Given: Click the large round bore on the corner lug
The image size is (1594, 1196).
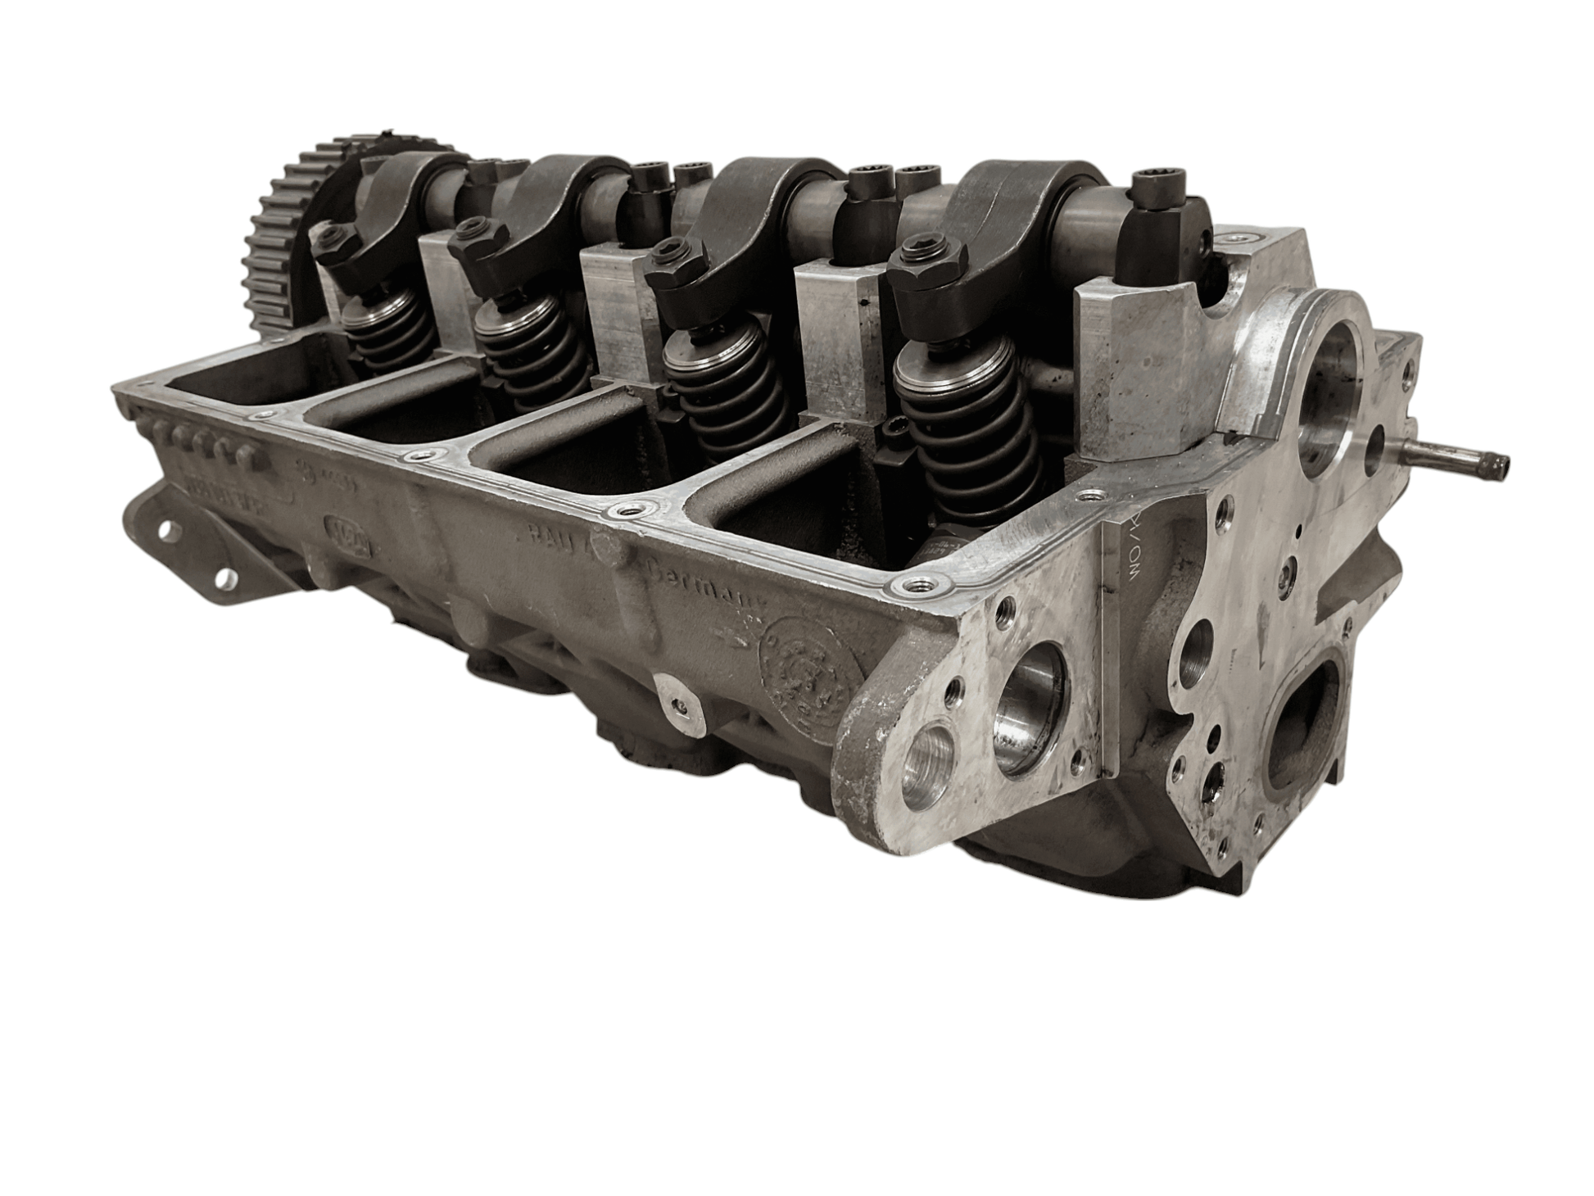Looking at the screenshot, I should [x=1029, y=709].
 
